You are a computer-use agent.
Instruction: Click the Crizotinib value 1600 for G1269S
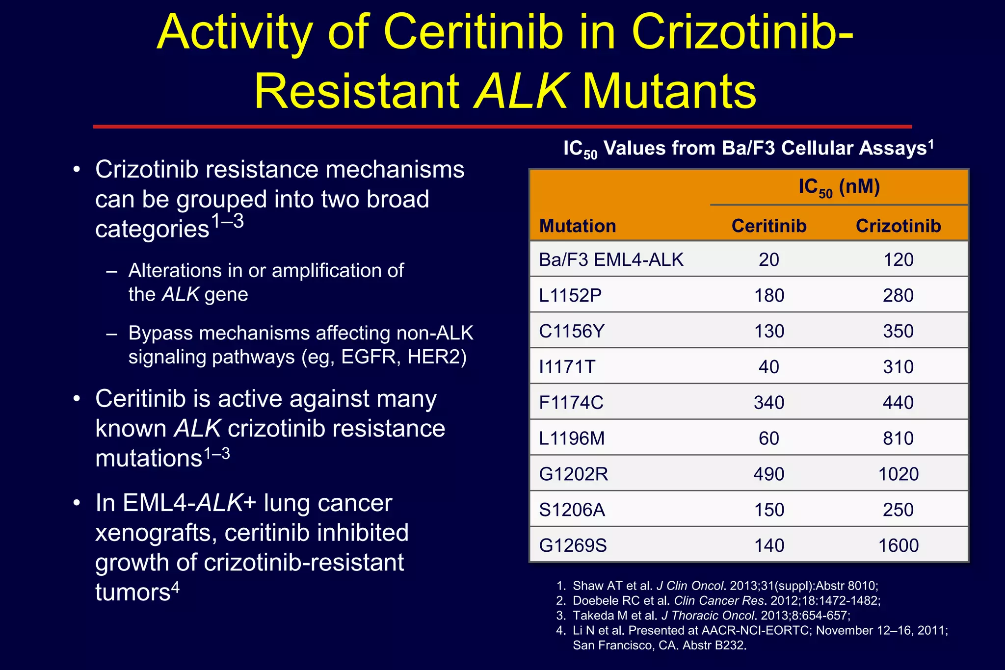click(x=898, y=545)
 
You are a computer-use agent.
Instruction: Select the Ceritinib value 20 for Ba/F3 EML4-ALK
click(x=768, y=259)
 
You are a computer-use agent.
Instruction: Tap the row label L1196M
click(x=572, y=438)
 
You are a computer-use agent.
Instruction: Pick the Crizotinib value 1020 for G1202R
click(x=898, y=474)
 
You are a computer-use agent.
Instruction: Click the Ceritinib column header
click(x=768, y=226)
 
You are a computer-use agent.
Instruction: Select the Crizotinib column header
click(x=898, y=226)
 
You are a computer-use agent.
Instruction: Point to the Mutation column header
click(x=578, y=226)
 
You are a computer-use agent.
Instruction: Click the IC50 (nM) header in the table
click(x=839, y=187)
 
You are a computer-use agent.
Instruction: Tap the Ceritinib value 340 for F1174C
click(x=768, y=402)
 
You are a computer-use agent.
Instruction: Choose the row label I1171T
click(x=567, y=367)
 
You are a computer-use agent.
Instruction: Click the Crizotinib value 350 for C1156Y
click(x=898, y=331)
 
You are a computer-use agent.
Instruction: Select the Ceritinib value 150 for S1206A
click(x=768, y=510)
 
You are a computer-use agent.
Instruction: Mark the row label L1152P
click(x=570, y=295)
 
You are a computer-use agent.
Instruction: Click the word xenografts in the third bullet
click(x=156, y=533)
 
